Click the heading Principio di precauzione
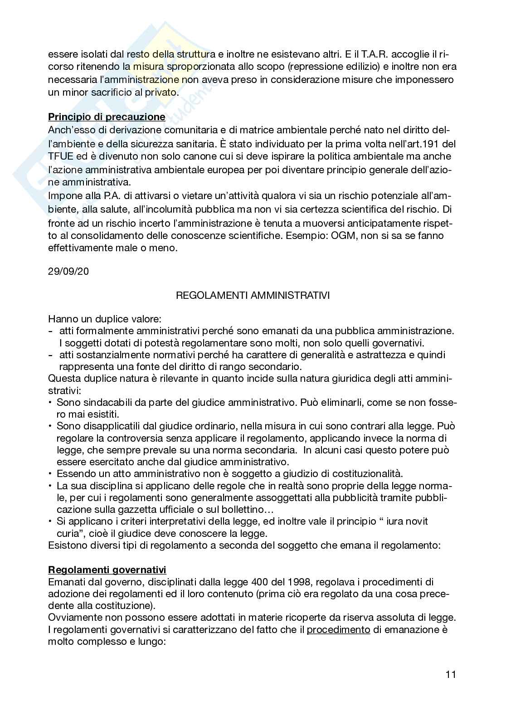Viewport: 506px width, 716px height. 107,117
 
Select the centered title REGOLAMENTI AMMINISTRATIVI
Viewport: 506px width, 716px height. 253,296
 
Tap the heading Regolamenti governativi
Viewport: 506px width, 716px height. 107,570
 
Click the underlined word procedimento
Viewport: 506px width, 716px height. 339,629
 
